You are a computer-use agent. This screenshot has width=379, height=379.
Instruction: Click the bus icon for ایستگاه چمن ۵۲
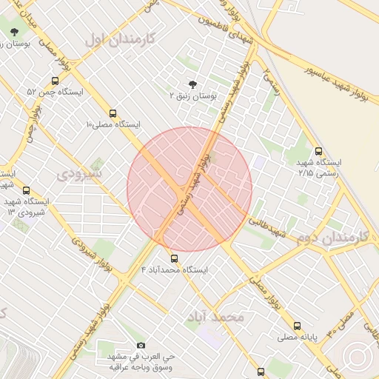point(56,81)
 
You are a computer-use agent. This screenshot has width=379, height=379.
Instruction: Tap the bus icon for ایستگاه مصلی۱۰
point(113,113)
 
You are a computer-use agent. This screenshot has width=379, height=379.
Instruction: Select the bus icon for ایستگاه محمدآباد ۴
point(174,258)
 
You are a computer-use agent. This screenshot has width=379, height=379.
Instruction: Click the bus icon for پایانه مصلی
point(297,325)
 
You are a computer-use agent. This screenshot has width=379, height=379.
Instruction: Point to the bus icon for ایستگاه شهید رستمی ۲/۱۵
point(318,150)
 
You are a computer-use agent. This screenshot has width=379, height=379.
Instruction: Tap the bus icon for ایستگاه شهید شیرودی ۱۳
point(27,190)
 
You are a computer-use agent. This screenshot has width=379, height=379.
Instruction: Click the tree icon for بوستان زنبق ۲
point(193,85)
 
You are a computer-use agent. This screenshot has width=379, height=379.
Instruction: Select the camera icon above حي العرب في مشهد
point(141,345)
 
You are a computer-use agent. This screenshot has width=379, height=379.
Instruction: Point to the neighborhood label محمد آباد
point(216,316)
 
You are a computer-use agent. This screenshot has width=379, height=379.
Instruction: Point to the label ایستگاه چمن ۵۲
point(55,93)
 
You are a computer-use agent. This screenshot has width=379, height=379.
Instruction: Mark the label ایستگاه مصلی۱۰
point(113,124)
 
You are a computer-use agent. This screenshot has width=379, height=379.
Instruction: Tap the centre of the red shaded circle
point(189,189)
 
